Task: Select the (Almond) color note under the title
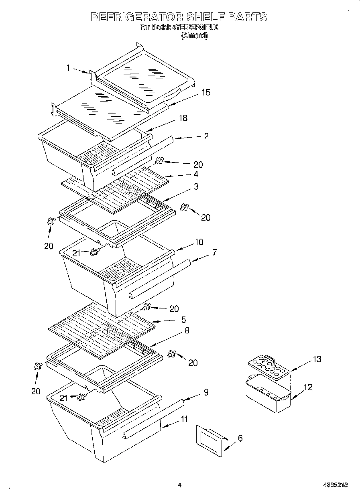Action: click(x=195, y=36)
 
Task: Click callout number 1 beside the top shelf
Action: click(x=68, y=68)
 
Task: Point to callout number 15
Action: click(x=205, y=92)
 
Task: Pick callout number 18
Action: click(x=183, y=118)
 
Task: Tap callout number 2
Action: click(x=206, y=136)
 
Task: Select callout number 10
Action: click(x=199, y=242)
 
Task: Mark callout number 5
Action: click(x=183, y=320)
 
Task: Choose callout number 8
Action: click(x=186, y=331)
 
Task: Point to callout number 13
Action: click(x=317, y=359)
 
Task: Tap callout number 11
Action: click(x=184, y=419)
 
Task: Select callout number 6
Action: click(x=240, y=438)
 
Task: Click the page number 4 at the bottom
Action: click(x=180, y=485)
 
